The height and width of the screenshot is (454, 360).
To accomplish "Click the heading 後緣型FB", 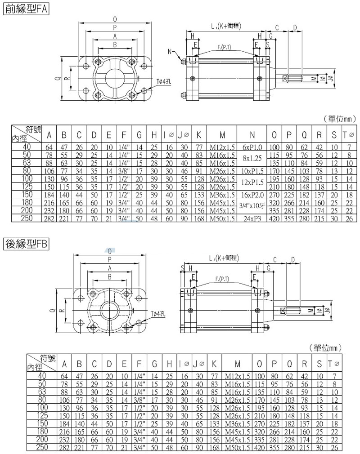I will [x=26, y=244].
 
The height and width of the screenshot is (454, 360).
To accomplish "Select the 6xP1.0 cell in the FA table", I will [x=252, y=147].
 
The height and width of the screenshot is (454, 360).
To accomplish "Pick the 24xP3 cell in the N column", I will [x=252, y=219].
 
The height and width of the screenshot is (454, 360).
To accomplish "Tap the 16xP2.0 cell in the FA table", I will [x=252, y=196].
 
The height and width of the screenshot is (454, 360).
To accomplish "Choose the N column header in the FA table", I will [x=252, y=135].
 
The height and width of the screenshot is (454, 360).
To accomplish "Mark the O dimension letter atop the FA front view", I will [x=115, y=19].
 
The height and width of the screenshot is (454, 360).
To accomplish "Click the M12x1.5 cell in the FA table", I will [x=222, y=147].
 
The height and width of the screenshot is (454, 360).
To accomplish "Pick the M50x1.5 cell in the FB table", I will [x=237, y=449].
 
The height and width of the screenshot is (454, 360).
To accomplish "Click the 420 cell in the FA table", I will [x=274, y=219].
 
